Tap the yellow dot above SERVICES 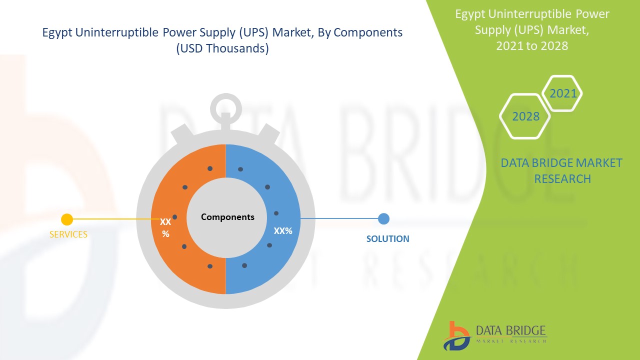click(67, 219)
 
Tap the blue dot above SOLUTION click(383, 219)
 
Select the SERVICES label click(68, 234)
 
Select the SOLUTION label click(387, 238)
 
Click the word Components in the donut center click(227, 217)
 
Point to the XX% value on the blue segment click(283, 231)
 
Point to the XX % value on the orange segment click(165, 227)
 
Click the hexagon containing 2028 click(525, 116)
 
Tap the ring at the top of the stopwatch click(225, 109)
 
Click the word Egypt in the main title click(57, 33)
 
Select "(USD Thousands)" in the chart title click(222, 48)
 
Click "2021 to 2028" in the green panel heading click(532, 45)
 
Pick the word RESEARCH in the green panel click(562, 179)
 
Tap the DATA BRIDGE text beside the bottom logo click(511, 331)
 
